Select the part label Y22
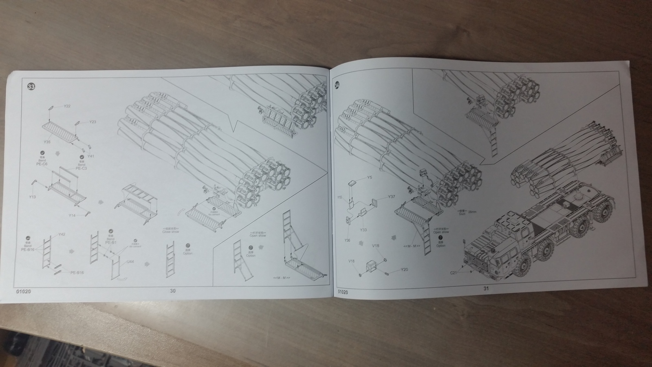(67, 106)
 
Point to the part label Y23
(93, 122)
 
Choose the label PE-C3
(81, 168)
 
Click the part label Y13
(33, 197)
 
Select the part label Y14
(72, 215)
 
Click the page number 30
(173, 291)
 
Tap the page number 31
(485, 288)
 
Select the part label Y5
(370, 177)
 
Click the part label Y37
(391, 197)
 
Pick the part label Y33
(363, 230)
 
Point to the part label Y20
(404, 270)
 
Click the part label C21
(453, 272)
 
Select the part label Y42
(62, 234)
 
